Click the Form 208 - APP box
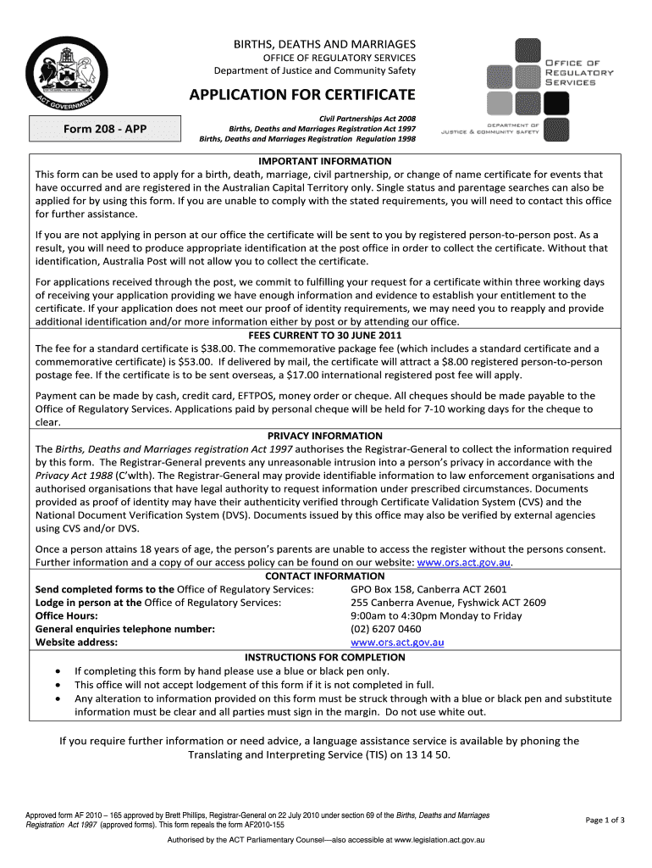tap(106, 129)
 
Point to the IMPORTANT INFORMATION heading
tap(325, 161)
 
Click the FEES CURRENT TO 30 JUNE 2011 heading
tap(325, 335)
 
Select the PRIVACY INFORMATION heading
tap(325, 436)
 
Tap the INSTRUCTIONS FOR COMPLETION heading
tap(325, 657)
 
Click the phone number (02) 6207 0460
tap(385, 629)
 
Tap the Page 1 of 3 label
tap(605, 820)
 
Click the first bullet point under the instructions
tap(57, 671)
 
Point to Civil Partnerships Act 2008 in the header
tap(367, 118)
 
